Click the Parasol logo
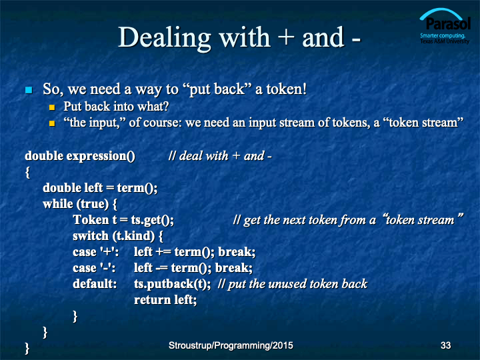coord(445,26)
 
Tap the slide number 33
coord(445,345)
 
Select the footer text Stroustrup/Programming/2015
coord(231,345)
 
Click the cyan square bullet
coord(29,90)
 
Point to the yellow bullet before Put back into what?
coord(52,107)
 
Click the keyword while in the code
coord(58,204)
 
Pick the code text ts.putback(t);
coord(173,284)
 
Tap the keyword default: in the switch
coord(95,284)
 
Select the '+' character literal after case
coord(109,252)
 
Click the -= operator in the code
coord(161,268)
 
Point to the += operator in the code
coord(163,252)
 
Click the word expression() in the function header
coord(101,157)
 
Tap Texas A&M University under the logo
coord(445,41)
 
